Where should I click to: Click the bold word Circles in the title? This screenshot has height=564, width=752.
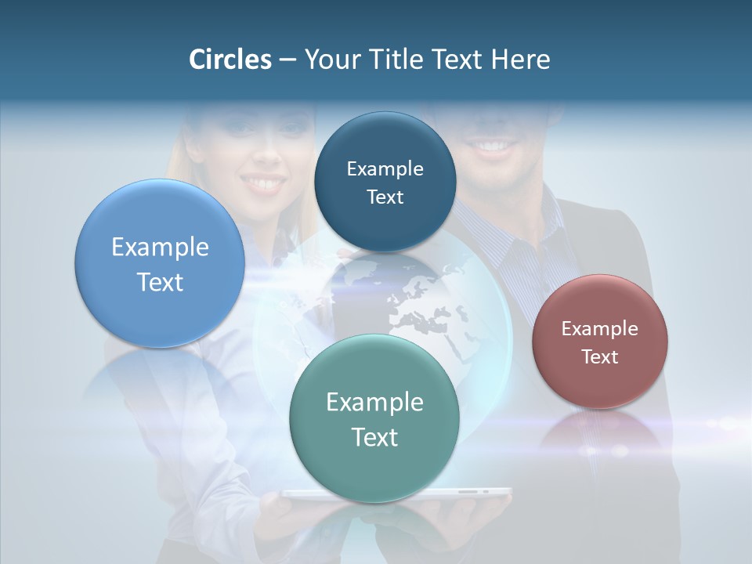pyautogui.click(x=230, y=60)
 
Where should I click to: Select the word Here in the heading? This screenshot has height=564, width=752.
pyautogui.click(x=521, y=60)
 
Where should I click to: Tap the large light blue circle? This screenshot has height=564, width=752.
pyautogui.click(x=160, y=264)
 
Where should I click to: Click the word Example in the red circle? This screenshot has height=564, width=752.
pyautogui.click(x=600, y=328)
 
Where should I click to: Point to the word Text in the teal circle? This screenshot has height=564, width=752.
pyautogui.click(x=374, y=437)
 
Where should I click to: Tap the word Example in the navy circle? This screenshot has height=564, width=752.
pyautogui.click(x=385, y=168)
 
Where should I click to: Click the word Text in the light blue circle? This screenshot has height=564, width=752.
pyautogui.click(x=160, y=282)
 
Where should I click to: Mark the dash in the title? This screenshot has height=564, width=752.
pyautogui.click(x=287, y=60)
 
